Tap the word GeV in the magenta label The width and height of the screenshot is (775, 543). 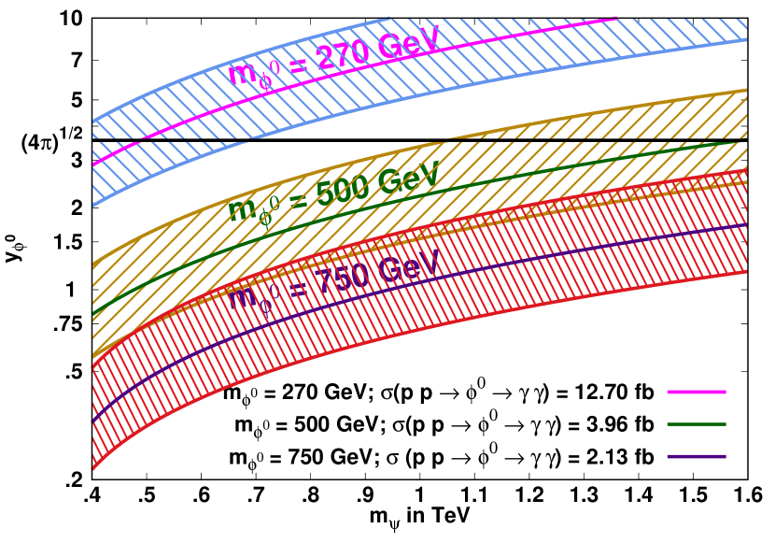(x=405, y=43)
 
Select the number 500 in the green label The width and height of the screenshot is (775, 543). (x=344, y=191)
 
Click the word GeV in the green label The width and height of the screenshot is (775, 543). (x=407, y=178)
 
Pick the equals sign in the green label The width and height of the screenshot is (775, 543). (x=297, y=200)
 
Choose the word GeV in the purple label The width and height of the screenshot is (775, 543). (x=407, y=266)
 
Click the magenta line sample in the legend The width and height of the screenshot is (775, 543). (x=696, y=392)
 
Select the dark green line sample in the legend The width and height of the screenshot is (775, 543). (x=696, y=424)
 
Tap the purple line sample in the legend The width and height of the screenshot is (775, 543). (x=696, y=457)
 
